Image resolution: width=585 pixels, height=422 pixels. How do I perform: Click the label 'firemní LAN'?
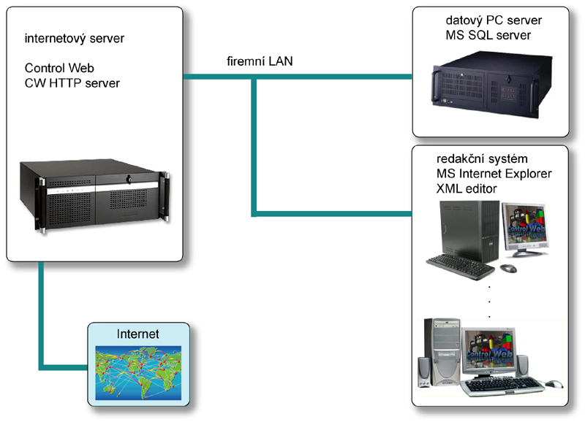click(x=260, y=62)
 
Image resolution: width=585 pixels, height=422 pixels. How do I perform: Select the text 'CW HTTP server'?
click(x=72, y=83)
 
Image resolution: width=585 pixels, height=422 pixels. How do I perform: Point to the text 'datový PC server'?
click(x=488, y=20)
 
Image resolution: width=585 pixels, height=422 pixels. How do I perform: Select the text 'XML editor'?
click(x=467, y=189)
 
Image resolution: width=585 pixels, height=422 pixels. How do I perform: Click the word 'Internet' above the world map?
click(x=138, y=334)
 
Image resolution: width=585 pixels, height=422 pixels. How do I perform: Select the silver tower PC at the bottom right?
click(x=444, y=350)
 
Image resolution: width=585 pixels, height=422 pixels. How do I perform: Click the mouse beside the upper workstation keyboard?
click(x=509, y=269)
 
